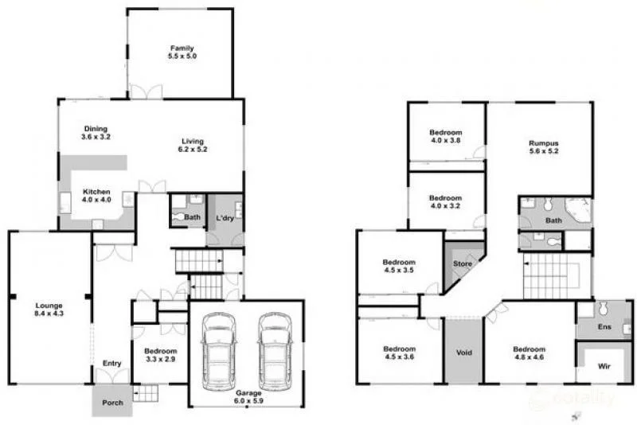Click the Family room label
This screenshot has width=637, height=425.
point(181,53)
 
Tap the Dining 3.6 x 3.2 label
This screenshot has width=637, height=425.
point(96,133)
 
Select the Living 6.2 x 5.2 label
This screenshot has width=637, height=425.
point(193,146)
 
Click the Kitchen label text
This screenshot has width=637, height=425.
point(96,196)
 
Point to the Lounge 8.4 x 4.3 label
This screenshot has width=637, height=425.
point(49,310)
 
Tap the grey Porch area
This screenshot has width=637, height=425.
point(112,402)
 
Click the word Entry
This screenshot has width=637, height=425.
point(111,364)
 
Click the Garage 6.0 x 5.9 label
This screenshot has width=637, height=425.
point(247,396)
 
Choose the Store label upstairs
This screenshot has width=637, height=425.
point(463,263)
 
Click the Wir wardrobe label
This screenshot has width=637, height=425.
point(604,368)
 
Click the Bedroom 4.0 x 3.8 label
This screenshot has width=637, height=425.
point(446,136)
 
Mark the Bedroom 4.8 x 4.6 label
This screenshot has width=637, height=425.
point(529,353)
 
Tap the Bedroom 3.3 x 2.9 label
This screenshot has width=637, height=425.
point(160,355)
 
